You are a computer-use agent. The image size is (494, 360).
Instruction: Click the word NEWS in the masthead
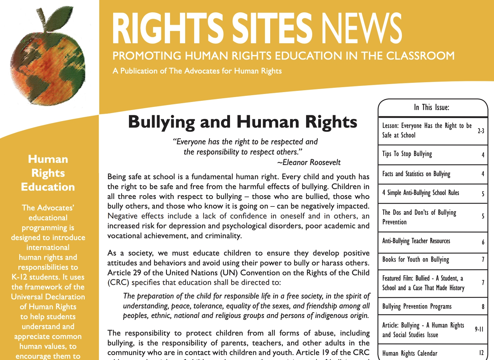361,28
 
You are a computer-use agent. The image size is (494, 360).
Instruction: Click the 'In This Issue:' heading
432,107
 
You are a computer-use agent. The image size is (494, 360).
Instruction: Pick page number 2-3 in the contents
481,131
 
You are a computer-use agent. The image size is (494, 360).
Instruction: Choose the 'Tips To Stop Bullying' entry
407,154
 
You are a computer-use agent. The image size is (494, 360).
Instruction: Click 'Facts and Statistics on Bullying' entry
416,174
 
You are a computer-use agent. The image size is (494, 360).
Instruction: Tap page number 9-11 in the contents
479,329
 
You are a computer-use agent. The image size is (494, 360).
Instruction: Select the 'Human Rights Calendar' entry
410,353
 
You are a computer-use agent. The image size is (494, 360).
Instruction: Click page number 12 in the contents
481,353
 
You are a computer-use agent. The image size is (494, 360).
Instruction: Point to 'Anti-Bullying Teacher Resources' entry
416,241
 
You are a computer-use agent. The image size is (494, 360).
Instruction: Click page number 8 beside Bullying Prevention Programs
483,307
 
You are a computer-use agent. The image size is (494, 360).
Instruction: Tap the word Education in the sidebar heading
48,187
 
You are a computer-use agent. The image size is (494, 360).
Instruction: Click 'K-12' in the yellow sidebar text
19,277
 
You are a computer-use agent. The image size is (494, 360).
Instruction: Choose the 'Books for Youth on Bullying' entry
415,260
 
